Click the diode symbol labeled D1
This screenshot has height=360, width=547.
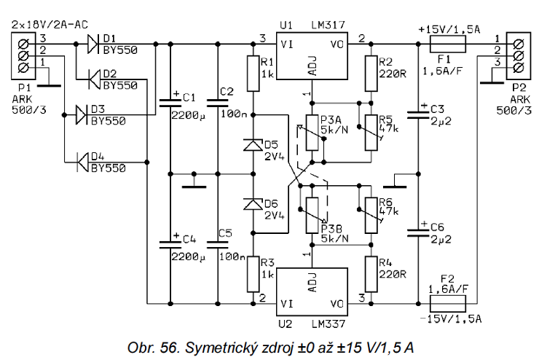point(93,44)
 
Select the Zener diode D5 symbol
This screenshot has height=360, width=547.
point(252,144)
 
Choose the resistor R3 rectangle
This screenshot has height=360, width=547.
point(252,271)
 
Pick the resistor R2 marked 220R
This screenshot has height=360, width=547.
point(371,69)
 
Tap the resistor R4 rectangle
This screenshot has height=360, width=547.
point(371,271)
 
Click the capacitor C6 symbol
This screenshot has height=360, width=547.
point(419,231)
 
